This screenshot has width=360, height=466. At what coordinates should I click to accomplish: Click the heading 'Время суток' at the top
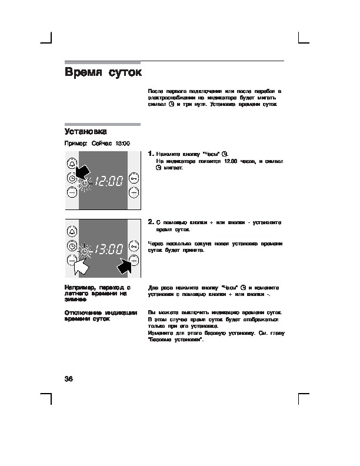point(103,73)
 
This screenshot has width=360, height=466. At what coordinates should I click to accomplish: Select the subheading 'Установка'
point(85,131)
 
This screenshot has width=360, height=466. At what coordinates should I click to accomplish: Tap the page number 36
point(68,378)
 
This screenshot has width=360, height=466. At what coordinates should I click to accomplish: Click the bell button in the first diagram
point(72,164)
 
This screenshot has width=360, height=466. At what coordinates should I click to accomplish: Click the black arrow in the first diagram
point(82,171)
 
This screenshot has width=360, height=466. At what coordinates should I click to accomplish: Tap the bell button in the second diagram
point(72,232)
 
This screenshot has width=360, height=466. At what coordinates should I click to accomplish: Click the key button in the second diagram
point(134,246)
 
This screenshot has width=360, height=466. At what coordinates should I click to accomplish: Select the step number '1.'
point(151,153)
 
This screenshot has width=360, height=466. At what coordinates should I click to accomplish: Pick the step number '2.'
point(151,222)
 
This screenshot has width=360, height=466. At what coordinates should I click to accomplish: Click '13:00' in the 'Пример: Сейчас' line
point(122,144)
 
